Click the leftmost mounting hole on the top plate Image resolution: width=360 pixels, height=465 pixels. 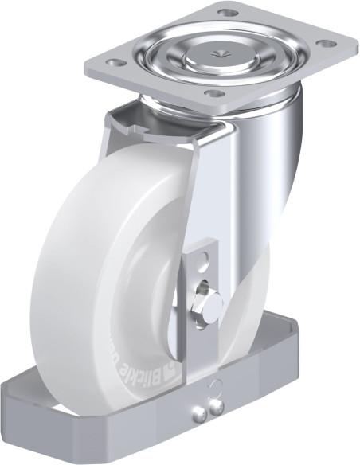coord(115,61)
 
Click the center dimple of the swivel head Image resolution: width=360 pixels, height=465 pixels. coord(217,52)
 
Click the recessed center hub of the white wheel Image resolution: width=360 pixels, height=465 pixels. coord(147,271)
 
